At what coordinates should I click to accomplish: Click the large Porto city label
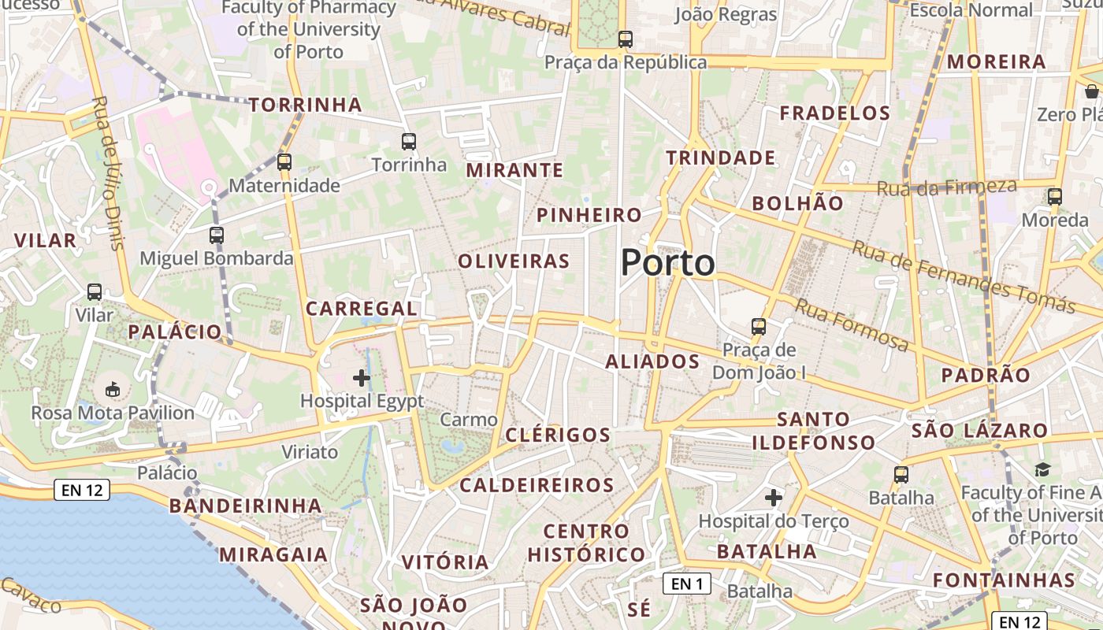[668, 263]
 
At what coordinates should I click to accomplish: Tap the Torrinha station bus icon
[408, 142]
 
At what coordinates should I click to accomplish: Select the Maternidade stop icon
[284, 162]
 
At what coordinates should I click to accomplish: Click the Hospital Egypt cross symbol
[362, 378]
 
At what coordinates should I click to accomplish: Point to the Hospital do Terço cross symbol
[774, 498]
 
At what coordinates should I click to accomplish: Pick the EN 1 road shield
[687, 584]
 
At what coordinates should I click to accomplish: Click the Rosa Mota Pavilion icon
[113, 389]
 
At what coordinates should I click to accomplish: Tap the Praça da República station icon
[626, 39]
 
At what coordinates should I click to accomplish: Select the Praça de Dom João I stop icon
[759, 326]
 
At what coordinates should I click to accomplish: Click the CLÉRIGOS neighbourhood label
[558, 435]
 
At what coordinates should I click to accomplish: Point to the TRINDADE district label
[721, 158]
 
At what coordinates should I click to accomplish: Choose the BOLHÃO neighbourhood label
[797, 203]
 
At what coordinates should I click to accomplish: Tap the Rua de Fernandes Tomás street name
[964, 276]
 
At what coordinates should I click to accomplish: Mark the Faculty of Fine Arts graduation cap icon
[1043, 470]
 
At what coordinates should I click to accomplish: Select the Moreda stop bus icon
[1055, 197]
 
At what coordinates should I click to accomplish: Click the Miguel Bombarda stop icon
[217, 235]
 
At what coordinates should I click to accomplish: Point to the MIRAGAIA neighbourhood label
[273, 554]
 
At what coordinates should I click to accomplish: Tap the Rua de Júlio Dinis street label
[109, 173]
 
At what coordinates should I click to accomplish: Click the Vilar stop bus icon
[95, 292]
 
